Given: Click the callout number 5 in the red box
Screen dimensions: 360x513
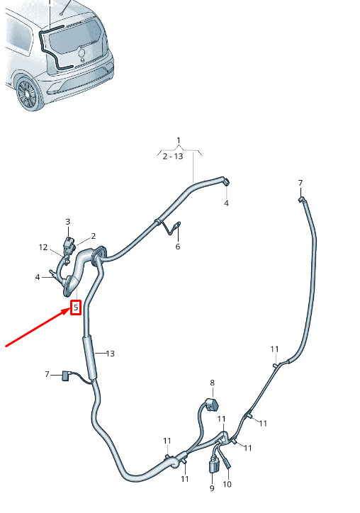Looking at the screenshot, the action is tap(76, 308).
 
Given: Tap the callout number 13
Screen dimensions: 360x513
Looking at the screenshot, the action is tap(111, 354).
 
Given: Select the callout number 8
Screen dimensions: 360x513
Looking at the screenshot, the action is tap(212, 383).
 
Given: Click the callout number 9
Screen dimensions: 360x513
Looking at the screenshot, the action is tap(212, 488).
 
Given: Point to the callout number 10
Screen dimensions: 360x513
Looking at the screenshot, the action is tap(227, 484).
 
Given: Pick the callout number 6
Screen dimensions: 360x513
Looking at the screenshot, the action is tap(178, 246).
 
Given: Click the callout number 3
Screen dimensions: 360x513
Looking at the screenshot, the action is tap(68, 222).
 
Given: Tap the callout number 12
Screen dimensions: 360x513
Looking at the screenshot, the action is tap(43, 247).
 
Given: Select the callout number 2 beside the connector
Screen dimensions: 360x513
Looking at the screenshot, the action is tap(94, 236).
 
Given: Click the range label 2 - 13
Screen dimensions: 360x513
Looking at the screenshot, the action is tap(173, 156).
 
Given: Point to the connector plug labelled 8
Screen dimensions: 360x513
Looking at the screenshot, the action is tap(211, 405).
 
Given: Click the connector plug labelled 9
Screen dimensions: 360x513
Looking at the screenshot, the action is tap(213, 466).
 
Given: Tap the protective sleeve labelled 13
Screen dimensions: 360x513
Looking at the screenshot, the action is tap(90, 357).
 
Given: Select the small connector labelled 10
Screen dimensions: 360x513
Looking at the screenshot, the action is tap(227, 463).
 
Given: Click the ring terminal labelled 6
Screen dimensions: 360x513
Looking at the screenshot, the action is tap(178, 225).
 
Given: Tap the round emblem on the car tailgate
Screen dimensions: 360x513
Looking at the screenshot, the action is tap(81, 52).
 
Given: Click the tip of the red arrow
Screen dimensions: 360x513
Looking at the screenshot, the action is tap(70, 310).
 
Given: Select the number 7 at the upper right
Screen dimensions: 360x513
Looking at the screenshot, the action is tap(300, 183).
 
